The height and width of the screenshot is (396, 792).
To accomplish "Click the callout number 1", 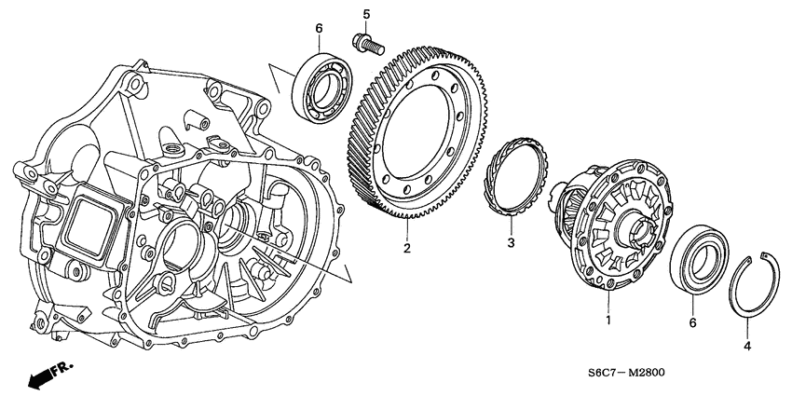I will point(609,321).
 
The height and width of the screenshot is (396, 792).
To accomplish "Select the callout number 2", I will point(407,249).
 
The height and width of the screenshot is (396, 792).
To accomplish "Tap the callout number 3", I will point(510,243).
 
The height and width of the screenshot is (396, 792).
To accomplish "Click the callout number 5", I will point(366,14).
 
